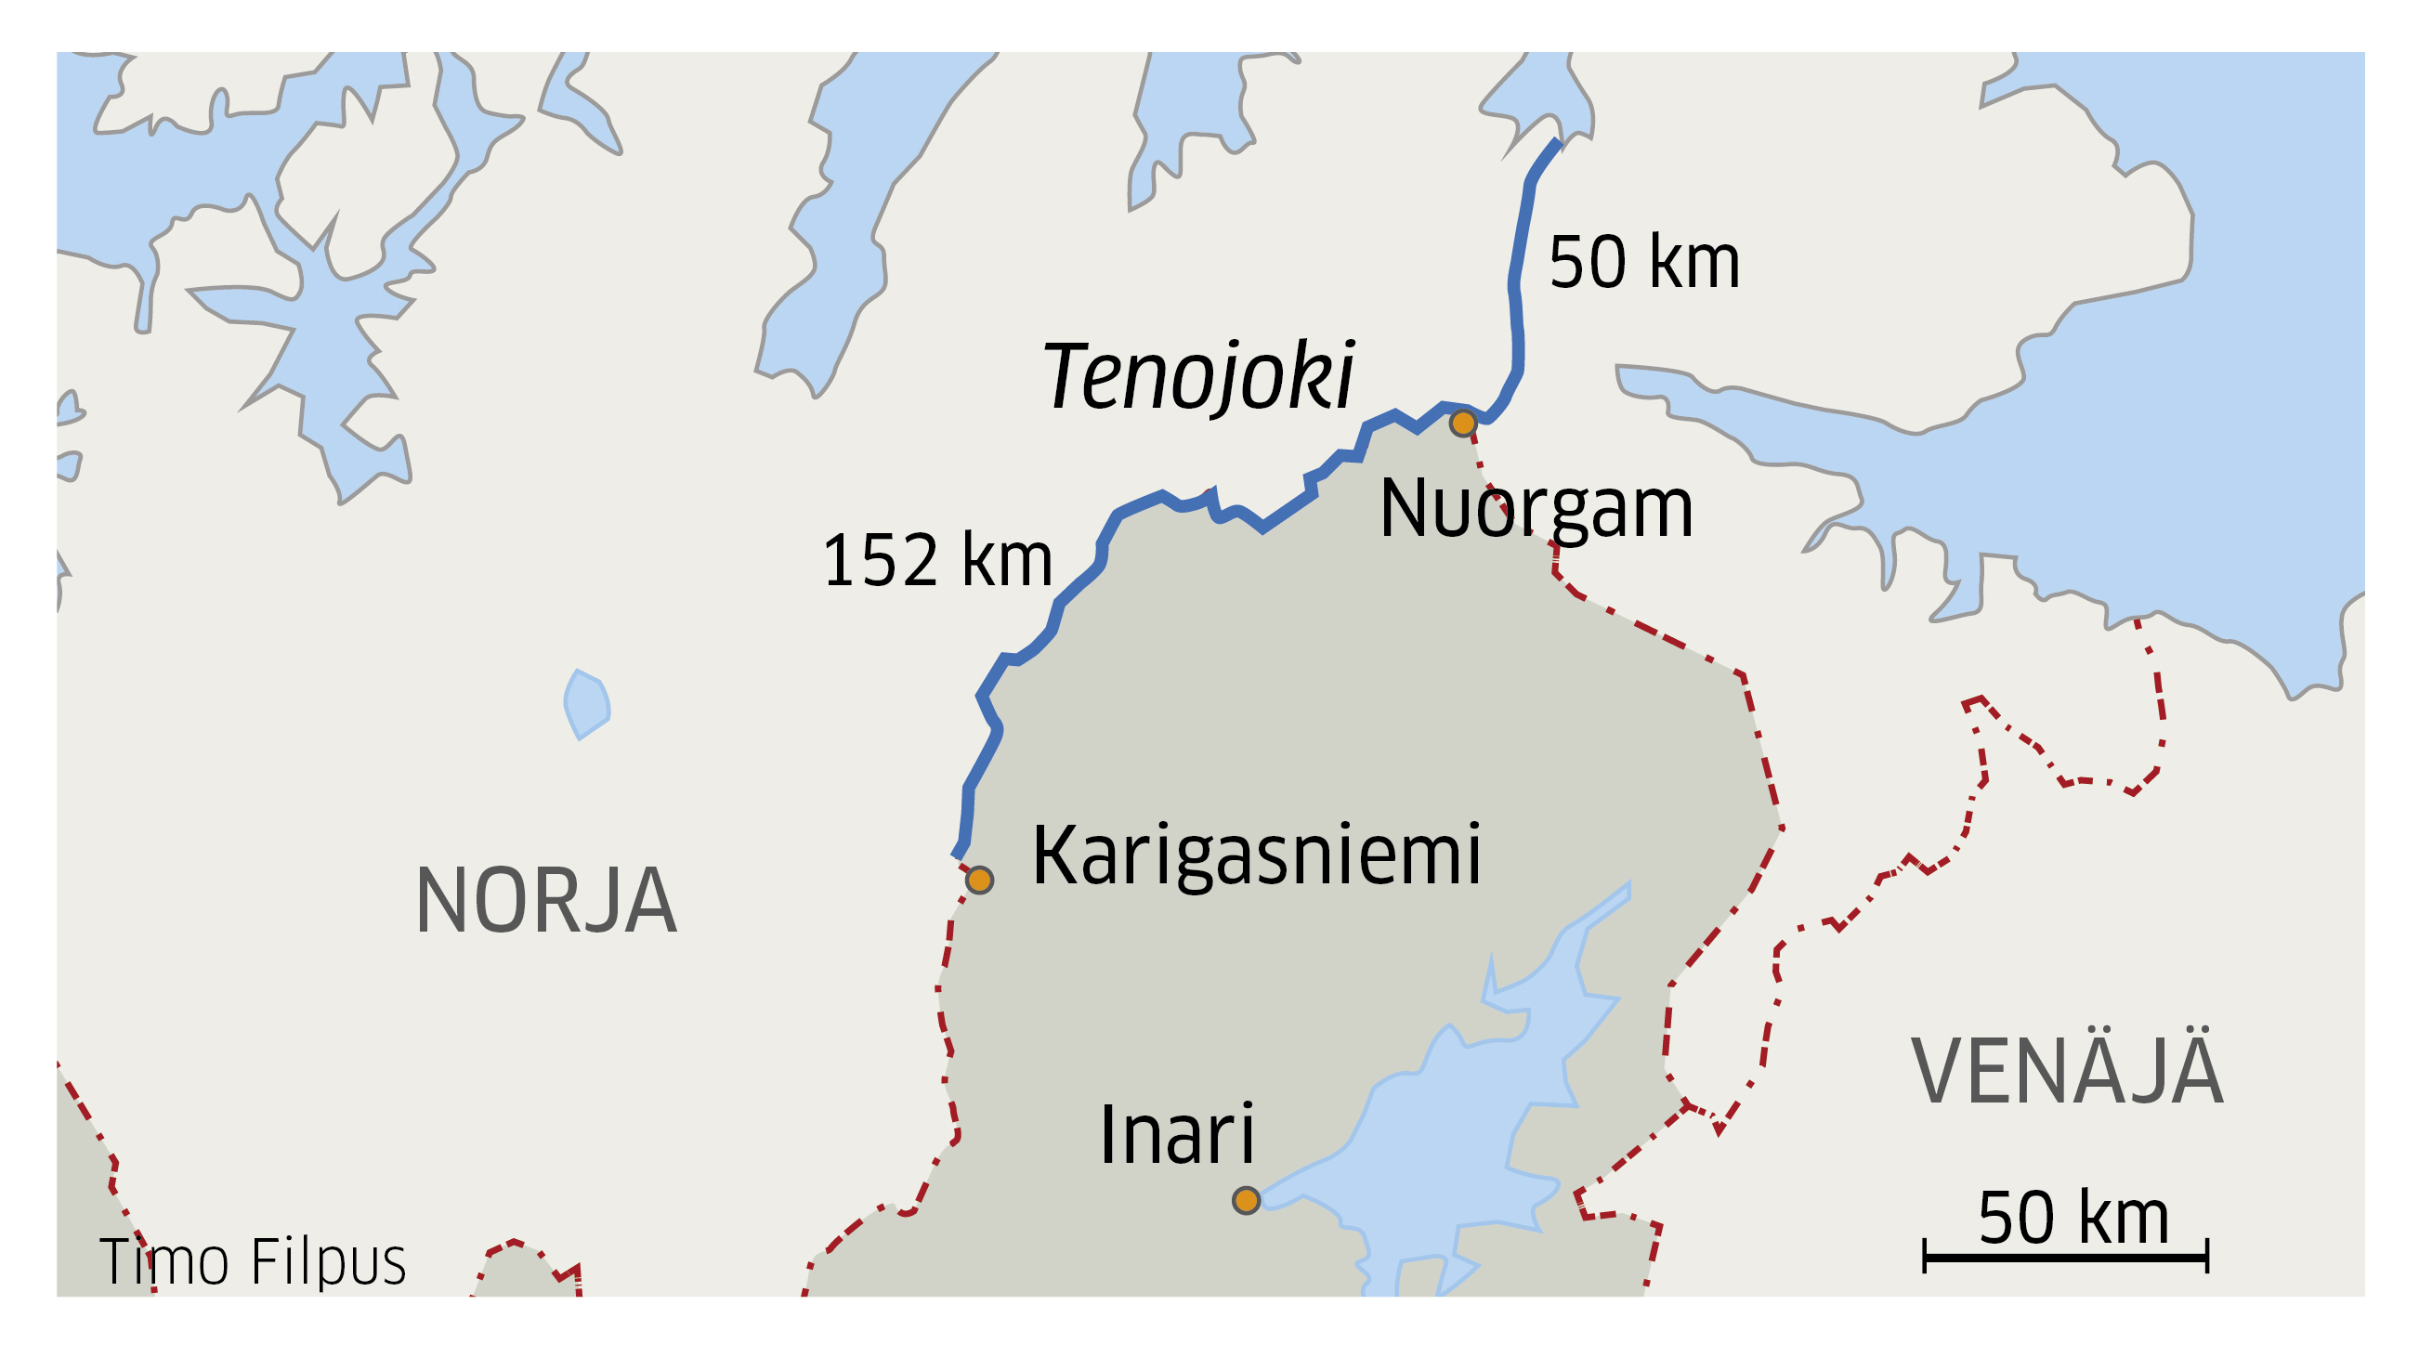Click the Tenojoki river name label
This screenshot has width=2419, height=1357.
click(1198, 376)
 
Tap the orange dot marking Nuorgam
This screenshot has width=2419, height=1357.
click(1462, 424)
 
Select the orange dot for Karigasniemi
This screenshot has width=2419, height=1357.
click(979, 880)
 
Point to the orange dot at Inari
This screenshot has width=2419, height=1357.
click(1246, 1200)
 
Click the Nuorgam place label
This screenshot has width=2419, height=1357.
click(1536, 509)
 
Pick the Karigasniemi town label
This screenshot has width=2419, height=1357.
click(1257, 855)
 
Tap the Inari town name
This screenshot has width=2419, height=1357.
click(1177, 1135)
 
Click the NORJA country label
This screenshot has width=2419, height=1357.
click(545, 902)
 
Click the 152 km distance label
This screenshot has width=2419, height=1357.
click(937, 561)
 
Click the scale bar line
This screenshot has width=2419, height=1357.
click(2066, 1257)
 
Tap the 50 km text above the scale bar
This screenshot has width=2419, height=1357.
click(2073, 1218)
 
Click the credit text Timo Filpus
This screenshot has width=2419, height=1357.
click(253, 1261)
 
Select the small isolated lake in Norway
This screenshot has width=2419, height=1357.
click(587, 703)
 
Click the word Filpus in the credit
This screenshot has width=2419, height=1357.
click(329, 1261)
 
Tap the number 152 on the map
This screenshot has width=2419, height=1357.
click(881, 561)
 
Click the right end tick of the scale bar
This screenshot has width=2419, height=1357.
click(2207, 1257)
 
